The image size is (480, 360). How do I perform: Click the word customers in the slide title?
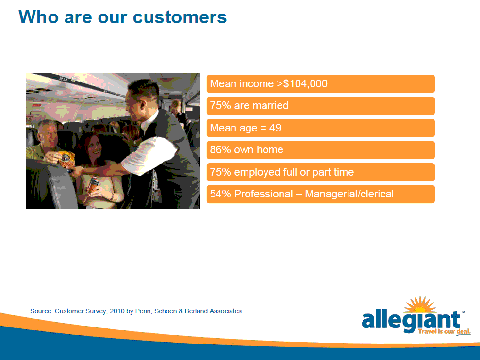pos(180,17)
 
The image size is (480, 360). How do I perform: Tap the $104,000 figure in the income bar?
pos(305,83)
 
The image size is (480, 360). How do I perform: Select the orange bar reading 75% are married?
pos(320,106)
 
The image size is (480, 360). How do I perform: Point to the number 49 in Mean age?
pos(275,128)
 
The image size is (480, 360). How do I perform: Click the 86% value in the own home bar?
pos(220,150)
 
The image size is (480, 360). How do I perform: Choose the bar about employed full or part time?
pos(320,172)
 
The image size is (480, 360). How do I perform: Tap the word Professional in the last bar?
pos(264,194)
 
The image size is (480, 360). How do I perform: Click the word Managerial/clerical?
pos(349,194)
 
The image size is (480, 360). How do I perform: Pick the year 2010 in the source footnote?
pos(117,311)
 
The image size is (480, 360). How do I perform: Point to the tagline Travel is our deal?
pos(444,331)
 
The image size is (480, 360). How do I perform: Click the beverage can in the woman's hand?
pos(93,184)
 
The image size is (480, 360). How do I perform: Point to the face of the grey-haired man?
pos(49,135)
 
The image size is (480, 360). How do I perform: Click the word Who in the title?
pos(38,17)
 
